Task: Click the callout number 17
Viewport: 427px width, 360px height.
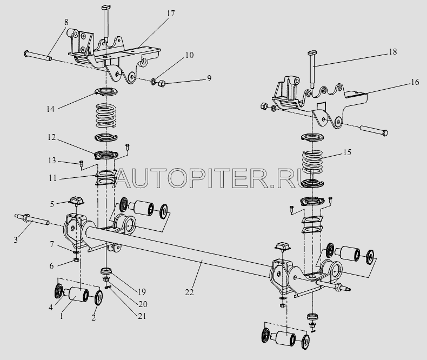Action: click(x=170, y=14)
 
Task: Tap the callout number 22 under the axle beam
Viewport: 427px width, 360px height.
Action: click(x=189, y=292)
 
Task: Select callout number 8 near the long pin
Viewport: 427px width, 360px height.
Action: click(x=66, y=22)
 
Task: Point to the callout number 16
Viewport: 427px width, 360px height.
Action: click(x=415, y=82)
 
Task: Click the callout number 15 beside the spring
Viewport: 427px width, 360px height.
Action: click(x=347, y=152)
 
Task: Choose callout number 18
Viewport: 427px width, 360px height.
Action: click(x=392, y=52)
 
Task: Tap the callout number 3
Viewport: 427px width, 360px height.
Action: click(x=16, y=239)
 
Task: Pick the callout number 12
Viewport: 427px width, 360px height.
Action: click(x=51, y=137)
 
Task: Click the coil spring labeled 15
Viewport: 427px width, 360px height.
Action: click(x=312, y=162)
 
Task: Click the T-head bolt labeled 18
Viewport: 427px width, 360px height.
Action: click(x=312, y=69)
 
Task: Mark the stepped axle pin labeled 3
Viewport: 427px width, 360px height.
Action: click(x=31, y=220)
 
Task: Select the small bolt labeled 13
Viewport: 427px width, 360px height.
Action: click(x=81, y=163)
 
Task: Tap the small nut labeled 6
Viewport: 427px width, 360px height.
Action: click(x=77, y=260)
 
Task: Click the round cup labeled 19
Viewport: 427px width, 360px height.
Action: click(x=106, y=271)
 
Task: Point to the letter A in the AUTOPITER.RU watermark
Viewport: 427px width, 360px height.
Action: click(x=126, y=178)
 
